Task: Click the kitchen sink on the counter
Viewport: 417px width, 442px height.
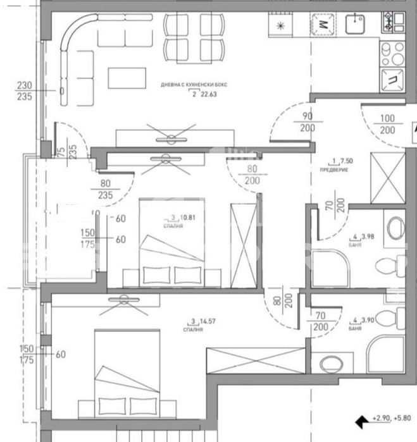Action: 356,25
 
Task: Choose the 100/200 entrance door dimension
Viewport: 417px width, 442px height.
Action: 388,124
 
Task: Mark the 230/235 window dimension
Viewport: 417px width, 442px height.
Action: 24,91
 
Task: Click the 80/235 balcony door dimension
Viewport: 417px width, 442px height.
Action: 105,190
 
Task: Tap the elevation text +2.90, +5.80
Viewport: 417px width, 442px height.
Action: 392,419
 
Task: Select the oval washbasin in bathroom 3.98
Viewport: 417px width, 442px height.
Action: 395,227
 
